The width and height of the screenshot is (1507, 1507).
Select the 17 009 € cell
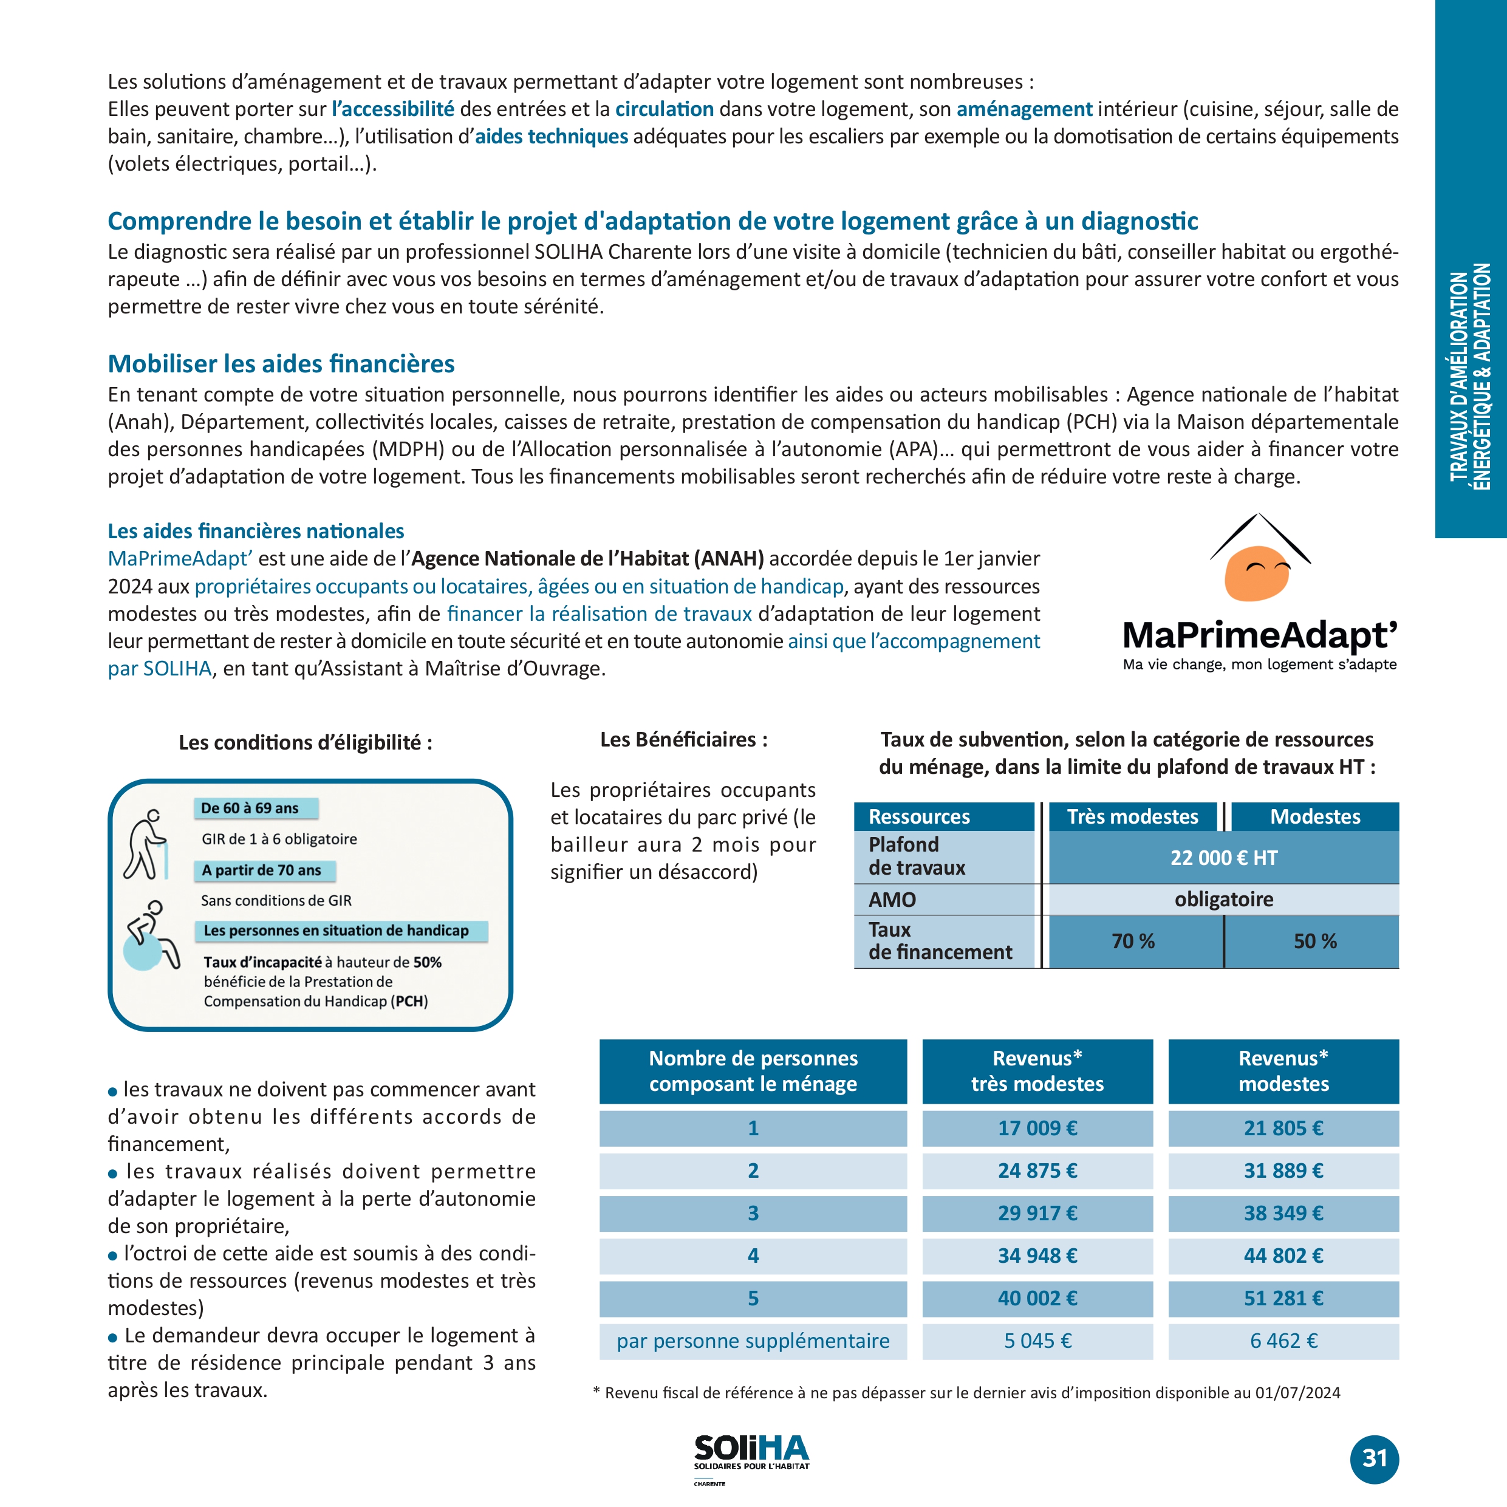[x=1037, y=1128]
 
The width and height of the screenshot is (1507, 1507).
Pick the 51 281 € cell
[x=1283, y=1298]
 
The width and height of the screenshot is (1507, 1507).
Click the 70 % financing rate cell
[x=1133, y=941]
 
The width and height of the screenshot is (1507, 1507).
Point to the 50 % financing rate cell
[x=1314, y=941]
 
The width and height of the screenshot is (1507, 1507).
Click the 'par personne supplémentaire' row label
[x=753, y=1341]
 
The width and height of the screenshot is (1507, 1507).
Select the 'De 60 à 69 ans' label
[x=250, y=808]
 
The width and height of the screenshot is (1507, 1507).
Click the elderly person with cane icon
[x=146, y=845]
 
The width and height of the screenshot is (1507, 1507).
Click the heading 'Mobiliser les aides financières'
[x=281, y=363]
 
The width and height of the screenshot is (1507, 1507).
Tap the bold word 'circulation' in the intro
[x=664, y=109]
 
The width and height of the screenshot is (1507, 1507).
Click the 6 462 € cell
[x=1283, y=1341]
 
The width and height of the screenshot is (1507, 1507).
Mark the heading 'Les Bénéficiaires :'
[x=683, y=739]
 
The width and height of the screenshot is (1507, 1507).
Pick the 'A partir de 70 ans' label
[x=261, y=870]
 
